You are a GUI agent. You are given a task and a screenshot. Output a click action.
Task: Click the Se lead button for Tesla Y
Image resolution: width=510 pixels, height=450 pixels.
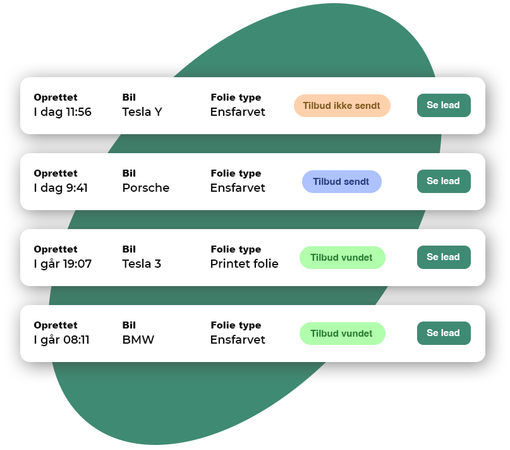coord(444,105)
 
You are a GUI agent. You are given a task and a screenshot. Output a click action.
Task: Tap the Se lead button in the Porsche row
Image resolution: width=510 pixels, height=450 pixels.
coord(444,181)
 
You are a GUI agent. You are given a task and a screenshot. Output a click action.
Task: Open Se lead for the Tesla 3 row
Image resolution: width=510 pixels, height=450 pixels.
coord(444,257)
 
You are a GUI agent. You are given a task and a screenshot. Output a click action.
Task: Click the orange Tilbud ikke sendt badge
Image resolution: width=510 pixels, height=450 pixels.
coord(342,106)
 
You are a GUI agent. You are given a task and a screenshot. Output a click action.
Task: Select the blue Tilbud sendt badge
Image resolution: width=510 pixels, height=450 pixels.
coord(341,182)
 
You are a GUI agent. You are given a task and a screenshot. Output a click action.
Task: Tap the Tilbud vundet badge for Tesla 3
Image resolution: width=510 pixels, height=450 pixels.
coord(342,258)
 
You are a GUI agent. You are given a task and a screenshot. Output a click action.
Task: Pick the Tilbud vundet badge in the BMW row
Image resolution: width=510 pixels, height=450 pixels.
coord(342,334)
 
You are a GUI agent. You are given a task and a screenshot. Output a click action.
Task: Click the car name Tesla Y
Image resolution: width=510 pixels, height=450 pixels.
coord(142,112)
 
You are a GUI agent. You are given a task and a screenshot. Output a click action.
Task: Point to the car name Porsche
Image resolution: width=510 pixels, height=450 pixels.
coord(146,188)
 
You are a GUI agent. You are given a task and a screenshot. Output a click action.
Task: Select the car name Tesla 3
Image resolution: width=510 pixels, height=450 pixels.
coord(142,264)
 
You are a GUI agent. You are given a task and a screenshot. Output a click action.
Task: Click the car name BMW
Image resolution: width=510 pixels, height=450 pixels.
coord(138,339)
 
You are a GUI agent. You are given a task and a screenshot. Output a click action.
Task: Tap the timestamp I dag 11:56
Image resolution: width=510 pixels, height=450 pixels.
coord(63,112)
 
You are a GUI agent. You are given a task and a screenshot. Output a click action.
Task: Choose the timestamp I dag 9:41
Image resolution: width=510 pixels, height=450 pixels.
coord(61,188)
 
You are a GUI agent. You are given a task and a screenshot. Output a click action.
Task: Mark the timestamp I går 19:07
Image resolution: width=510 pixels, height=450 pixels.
coord(63,264)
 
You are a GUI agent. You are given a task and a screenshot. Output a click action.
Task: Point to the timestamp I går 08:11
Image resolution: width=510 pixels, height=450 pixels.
coord(61,340)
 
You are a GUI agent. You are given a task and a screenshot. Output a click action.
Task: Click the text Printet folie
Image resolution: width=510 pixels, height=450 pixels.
coord(245,264)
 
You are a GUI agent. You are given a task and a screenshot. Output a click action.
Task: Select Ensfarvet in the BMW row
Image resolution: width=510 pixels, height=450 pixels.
coord(238,339)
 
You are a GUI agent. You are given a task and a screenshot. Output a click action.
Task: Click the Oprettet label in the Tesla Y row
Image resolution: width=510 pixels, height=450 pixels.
coord(56,97)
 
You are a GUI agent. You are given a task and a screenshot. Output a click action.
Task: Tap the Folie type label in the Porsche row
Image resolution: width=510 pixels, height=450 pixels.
coord(236,173)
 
